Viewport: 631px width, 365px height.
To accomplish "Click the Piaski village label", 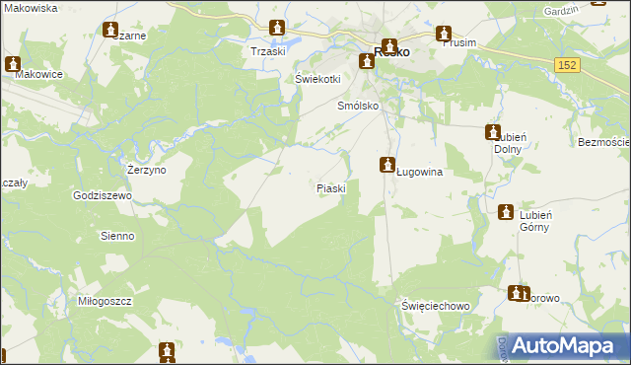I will pos(330,187).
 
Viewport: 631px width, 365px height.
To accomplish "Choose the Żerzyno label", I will pos(147,170).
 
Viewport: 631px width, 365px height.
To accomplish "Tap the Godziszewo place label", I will pos(103,195).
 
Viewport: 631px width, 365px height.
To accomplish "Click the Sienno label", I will pos(116,237).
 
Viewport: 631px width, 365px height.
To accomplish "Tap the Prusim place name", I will pos(460,43).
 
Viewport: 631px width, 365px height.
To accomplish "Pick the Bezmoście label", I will pos(603,143).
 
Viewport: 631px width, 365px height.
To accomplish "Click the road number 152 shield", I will pos(566,64).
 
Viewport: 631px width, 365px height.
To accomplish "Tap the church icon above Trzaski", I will pos(277,28).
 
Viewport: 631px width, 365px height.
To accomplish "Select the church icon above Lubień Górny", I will pos(506,212).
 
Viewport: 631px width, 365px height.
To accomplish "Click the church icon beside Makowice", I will pos(13,65).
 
